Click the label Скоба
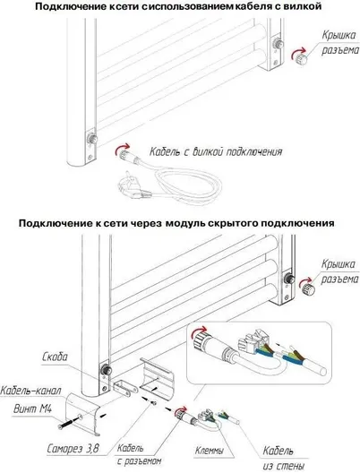click(x=56, y=357)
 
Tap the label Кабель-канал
click(x=30, y=391)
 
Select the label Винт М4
click(x=33, y=409)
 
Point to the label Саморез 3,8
click(x=73, y=449)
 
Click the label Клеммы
click(x=210, y=451)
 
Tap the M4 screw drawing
click(x=70, y=422)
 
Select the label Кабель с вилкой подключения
click(x=216, y=151)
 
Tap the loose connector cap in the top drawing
click(x=301, y=58)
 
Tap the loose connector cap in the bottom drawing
click(x=308, y=289)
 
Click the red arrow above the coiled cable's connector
click(x=122, y=148)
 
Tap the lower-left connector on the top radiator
click(x=92, y=139)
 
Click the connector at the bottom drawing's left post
click(x=106, y=369)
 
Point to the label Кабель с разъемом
click(x=139, y=454)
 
